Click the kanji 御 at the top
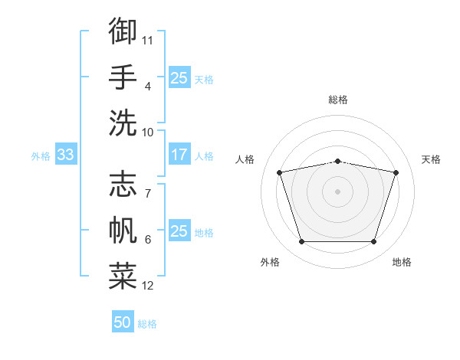123,31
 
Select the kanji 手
123,77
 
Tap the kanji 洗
123,123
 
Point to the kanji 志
123,184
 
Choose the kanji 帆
123,230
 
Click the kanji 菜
123,277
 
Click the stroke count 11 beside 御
147,41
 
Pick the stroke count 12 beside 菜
147,286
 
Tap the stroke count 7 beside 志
148,194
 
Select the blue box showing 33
66,154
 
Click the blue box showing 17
179,154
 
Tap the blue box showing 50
123,321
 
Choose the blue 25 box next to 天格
179,77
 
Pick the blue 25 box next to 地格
179,230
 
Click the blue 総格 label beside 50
147,324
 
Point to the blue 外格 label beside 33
41,156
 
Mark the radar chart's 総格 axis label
338,100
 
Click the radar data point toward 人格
279,172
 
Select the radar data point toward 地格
374,242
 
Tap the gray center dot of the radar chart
337,191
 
